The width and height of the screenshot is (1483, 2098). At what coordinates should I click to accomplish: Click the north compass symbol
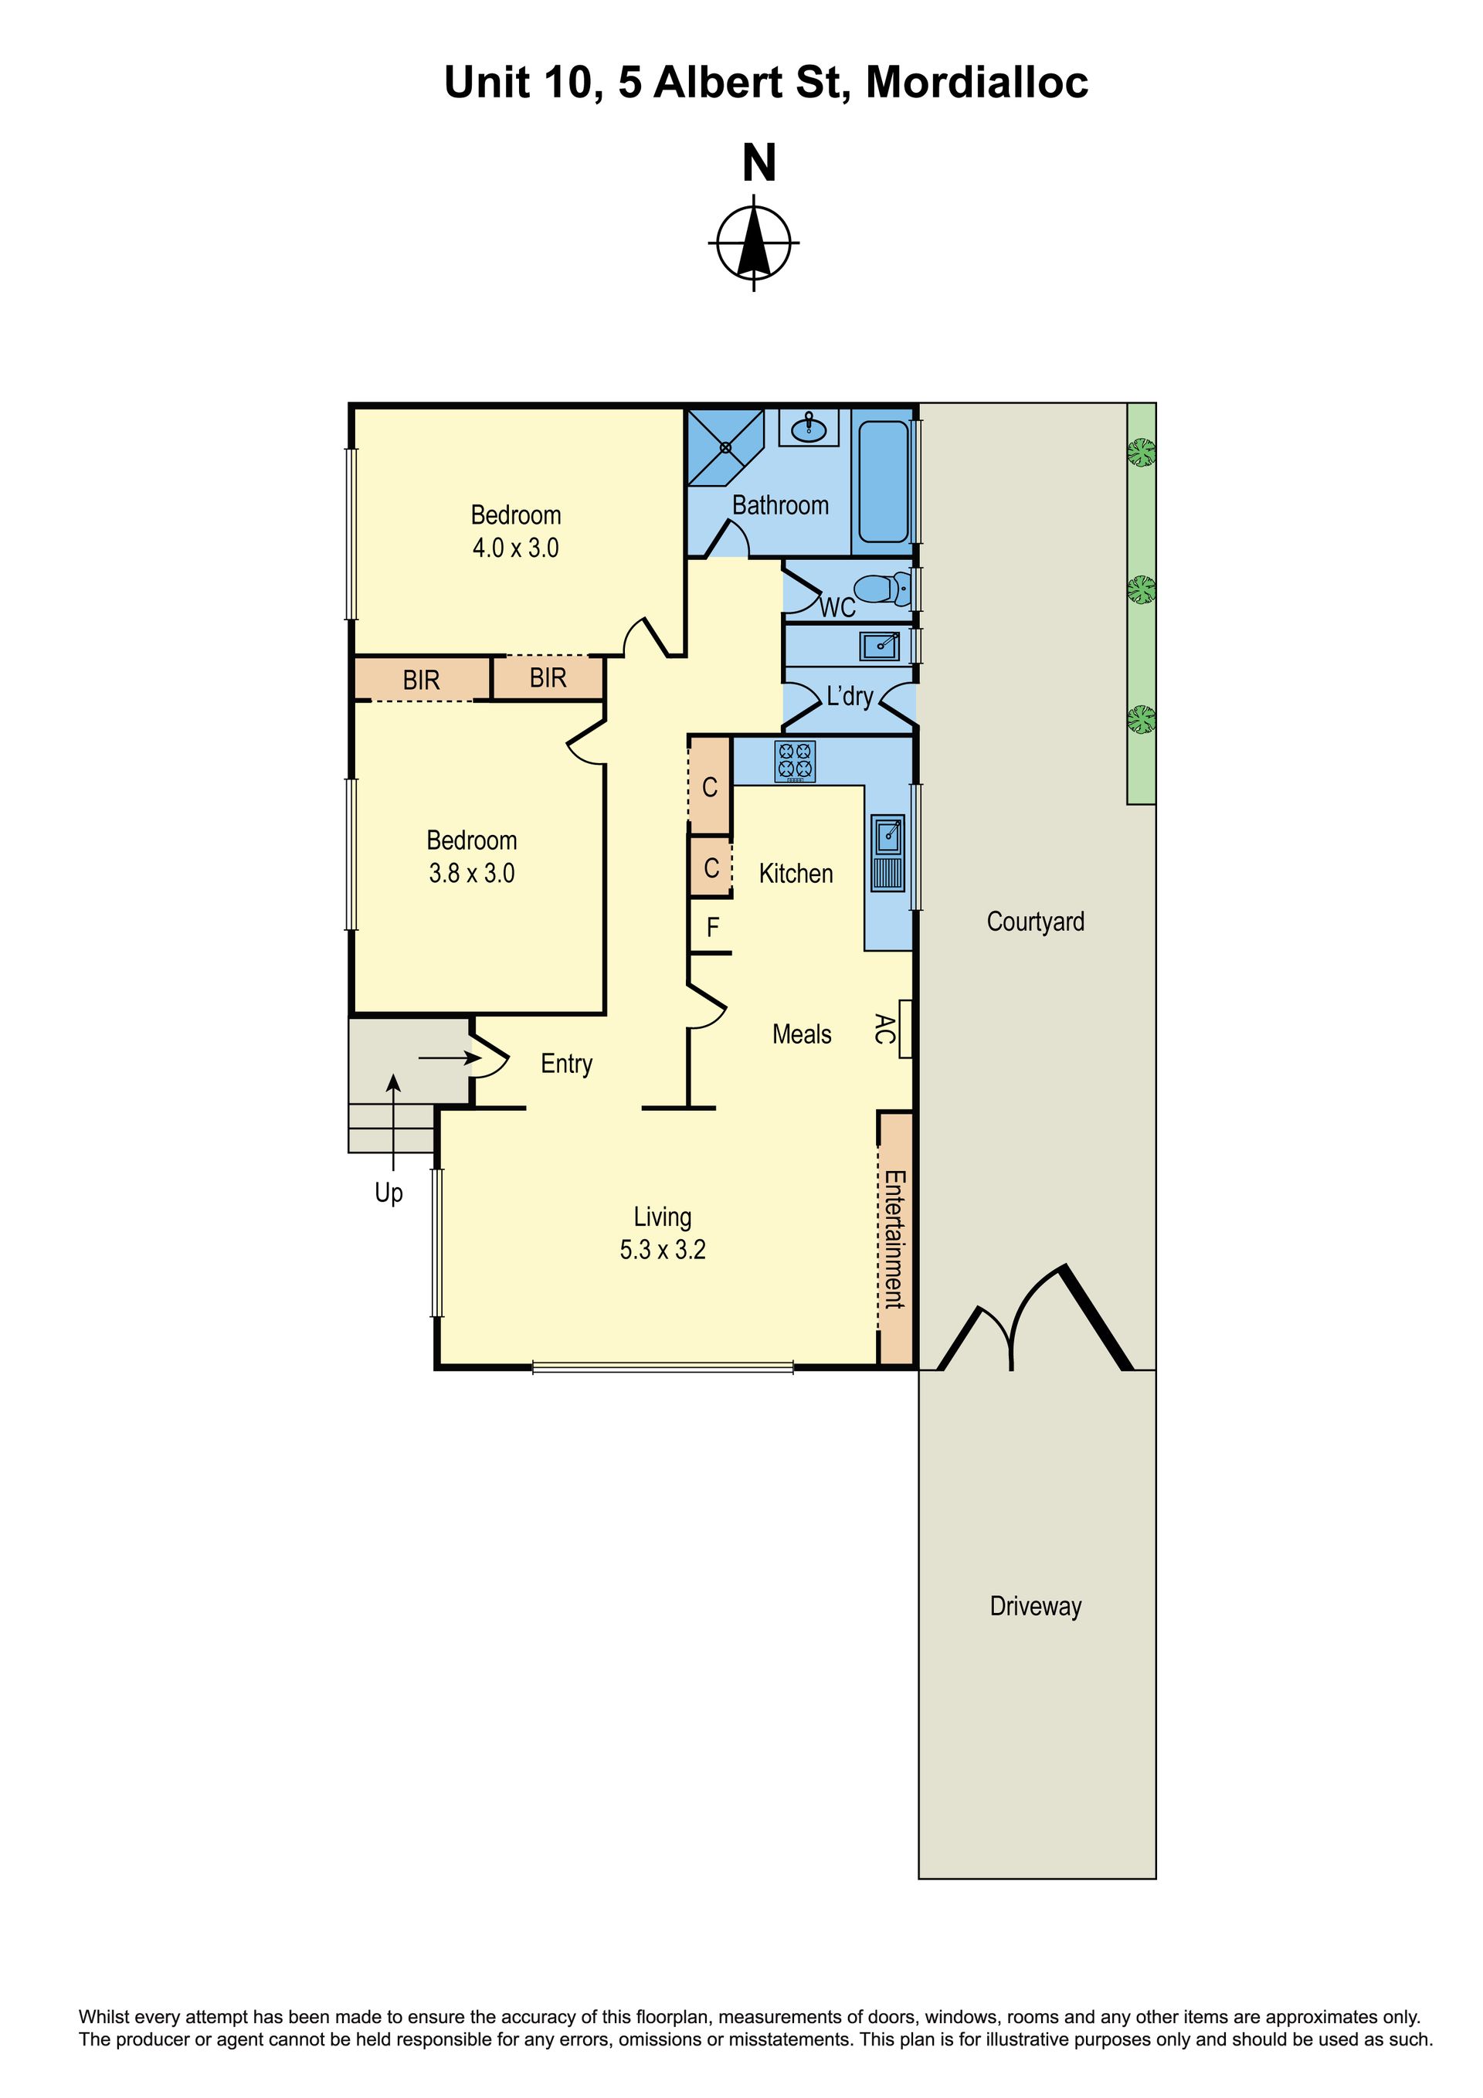tap(753, 242)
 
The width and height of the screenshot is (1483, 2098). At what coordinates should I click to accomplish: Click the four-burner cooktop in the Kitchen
tap(794, 761)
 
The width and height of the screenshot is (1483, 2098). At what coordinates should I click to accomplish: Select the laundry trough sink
tap(880, 646)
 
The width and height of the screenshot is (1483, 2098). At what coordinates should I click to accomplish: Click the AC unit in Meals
tap(905, 1029)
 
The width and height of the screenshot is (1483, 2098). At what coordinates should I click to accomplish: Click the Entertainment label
tap(894, 1239)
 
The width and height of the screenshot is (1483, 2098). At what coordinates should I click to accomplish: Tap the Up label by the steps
tap(389, 1193)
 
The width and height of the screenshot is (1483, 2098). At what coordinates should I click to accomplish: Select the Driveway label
tap(1035, 1605)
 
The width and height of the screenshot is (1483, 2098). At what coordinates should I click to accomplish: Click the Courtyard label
tap(1035, 921)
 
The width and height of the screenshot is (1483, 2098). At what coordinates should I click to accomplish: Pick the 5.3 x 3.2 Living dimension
tap(663, 1249)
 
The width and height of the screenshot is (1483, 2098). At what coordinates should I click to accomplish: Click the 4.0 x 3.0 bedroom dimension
tap(515, 548)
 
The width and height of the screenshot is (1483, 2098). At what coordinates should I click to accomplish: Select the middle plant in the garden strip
tap(1140, 589)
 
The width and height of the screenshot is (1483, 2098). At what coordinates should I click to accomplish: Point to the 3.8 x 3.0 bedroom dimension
tap(471, 873)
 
